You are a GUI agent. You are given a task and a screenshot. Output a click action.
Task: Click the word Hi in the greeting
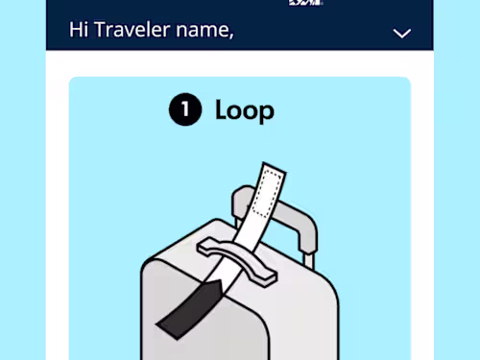(x=79, y=30)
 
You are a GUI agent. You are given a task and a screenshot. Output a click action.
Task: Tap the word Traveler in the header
(x=132, y=30)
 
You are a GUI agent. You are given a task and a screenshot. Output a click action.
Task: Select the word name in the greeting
(x=203, y=31)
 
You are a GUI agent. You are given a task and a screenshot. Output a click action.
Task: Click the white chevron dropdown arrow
(x=402, y=34)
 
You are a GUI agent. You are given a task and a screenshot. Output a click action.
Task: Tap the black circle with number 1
(x=185, y=109)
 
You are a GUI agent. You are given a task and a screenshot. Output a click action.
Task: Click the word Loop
(x=245, y=110)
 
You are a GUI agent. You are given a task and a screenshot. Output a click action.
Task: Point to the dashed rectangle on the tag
(x=268, y=194)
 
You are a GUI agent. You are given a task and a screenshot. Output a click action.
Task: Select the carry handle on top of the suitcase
(x=237, y=262)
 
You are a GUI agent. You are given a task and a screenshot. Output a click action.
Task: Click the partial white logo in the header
(x=305, y=3)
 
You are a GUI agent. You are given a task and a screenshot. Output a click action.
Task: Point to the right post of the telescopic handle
(x=309, y=260)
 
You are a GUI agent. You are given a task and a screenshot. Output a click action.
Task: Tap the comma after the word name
(x=231, y=36)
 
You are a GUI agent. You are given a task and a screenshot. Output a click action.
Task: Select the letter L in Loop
(x=222, y=109)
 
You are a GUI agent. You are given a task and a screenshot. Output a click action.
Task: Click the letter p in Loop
(x=266, y=113)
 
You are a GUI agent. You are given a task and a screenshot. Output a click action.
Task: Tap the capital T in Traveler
(x=102, y=30)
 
